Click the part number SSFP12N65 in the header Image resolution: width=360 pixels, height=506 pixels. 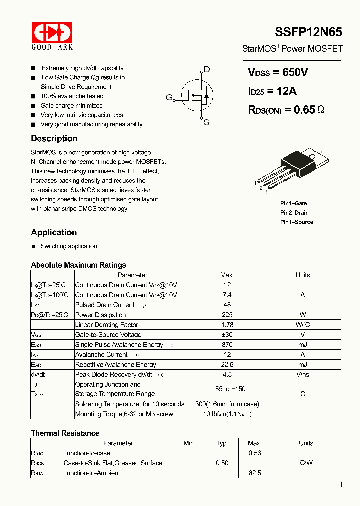[x=308, y=32]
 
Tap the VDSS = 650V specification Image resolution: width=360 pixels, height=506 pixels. [x=278, y=73]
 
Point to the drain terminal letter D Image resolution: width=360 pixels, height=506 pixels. [x=207, y=70]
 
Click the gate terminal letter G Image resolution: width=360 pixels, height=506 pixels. [x=169, y=97]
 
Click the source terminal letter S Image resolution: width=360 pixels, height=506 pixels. [x=206, y=122]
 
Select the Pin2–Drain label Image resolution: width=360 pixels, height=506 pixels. [x=294, y=213]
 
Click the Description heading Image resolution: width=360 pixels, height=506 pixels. [x=54, y=139]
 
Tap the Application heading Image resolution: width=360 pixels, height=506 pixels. [x=54, y=232]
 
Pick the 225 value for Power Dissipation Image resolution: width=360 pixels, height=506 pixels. [x=227, y=315]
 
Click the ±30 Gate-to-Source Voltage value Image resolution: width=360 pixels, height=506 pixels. [x=227, y=335]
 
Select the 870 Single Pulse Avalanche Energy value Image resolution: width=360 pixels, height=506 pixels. [x=227, y=345]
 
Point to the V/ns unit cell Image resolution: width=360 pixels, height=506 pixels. [x=302, y=374]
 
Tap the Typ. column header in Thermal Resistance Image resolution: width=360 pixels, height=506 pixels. [x=222, y=443]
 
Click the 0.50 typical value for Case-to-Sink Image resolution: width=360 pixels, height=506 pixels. [x=222, y=463]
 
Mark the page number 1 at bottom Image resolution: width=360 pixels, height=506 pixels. [x=341, y=484]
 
